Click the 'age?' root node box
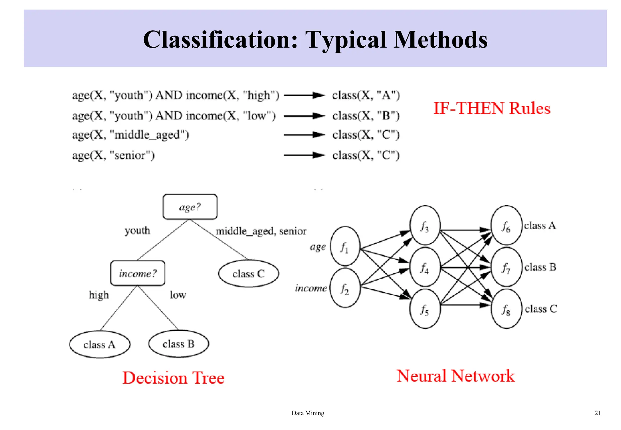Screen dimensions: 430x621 point(190,207)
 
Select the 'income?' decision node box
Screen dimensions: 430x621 point(138,273)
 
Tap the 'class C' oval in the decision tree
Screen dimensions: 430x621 point(248,274)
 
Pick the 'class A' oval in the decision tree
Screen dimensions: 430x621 point(100,344)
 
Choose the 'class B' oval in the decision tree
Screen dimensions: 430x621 point(179,344)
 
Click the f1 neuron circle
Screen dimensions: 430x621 point(345,246)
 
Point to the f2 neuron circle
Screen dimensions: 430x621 point(345,288)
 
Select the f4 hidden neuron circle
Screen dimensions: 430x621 point(425,267)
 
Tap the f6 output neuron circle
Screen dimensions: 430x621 point(506,225)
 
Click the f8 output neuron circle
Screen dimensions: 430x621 point(506,309)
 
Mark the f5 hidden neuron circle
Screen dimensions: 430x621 point(425,309)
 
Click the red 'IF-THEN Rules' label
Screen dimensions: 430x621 point(492,108)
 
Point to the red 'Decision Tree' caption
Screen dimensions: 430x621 point(173,378)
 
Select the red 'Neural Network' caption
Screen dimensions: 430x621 point(456,376)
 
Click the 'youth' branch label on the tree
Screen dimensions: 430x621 point(137,230)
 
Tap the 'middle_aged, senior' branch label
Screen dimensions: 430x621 point(261,231)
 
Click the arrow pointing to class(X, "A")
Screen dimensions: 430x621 point(304,95)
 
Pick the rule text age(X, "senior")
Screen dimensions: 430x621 point(113,155)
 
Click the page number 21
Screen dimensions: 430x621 point(598,413)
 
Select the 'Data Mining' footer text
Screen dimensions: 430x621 point(308,413)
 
